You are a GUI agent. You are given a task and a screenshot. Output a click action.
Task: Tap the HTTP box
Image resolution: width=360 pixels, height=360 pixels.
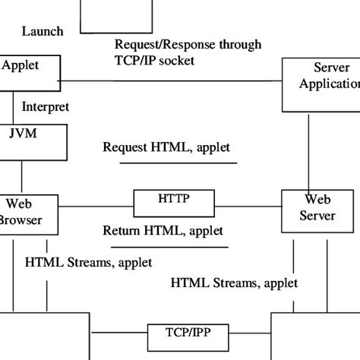click(x=172, y=203)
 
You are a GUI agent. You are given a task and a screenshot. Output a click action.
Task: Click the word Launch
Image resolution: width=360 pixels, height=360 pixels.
click(x=43, y=31)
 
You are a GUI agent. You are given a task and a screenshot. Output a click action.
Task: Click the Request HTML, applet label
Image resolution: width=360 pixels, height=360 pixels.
click(x=166, y=147)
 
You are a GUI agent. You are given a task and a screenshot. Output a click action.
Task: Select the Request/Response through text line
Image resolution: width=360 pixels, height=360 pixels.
click(x=188, y=45)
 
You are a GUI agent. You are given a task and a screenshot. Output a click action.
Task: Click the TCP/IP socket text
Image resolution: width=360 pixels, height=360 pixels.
click(x=157, y=60)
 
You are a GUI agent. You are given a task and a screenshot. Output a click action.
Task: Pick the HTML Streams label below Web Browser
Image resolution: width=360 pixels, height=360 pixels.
click(x=88, y=262)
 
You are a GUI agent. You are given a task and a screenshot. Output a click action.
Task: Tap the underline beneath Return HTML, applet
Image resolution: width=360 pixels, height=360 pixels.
click(x=165, y=246)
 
